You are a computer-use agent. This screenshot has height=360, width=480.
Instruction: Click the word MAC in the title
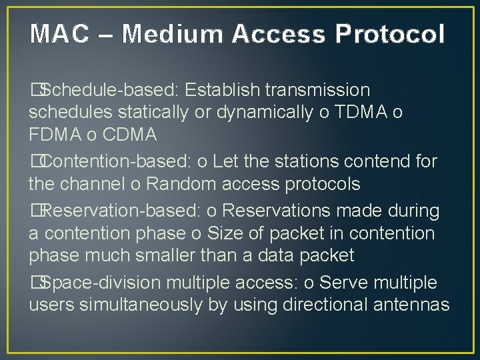pos(59,33)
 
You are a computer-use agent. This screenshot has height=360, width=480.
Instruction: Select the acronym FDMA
pos(56,135)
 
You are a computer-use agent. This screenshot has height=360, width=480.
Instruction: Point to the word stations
pos(313,161)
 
